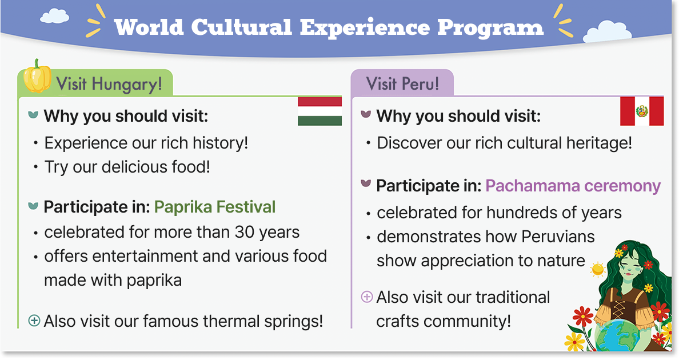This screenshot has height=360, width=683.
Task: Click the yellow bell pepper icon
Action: [37, 76]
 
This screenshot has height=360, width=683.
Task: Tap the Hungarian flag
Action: [319, 111]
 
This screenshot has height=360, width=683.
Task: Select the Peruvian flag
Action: [642, 111]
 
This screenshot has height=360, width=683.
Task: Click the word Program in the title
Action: [490, 28]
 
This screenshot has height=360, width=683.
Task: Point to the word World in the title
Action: [149, 27]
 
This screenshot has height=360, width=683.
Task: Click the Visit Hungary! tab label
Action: [109, 83]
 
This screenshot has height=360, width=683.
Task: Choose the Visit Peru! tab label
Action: [402, 83]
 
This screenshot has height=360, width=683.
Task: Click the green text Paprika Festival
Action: [215, 207]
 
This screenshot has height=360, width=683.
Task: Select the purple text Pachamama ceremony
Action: [573, 186]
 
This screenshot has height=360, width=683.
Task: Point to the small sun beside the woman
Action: [598, 270]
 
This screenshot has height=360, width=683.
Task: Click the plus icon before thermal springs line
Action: [34, 321]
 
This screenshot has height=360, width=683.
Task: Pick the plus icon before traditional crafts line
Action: [367, 297]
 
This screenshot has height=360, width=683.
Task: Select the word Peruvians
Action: [558, 237]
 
